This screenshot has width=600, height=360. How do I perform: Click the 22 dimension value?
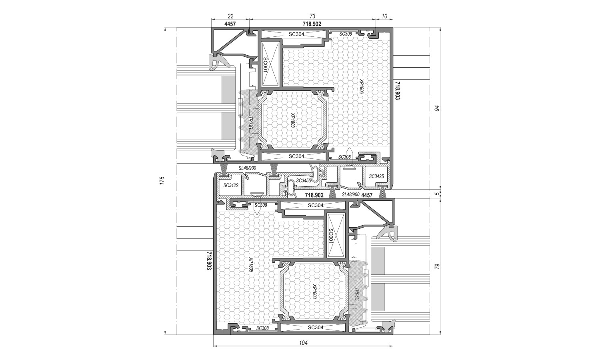click(x=231, y=16)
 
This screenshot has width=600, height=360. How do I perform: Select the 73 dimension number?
click(x=312, y=16)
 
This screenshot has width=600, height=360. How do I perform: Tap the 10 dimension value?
click(x=384, y=16)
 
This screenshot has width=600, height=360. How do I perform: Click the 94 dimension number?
click(x=437, y=108)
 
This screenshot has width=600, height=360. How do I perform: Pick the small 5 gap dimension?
click(x=437, y=194)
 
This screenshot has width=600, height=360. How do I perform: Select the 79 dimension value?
click(x=437, y=266)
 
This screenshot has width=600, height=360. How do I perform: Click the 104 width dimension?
click(x=303, y=342)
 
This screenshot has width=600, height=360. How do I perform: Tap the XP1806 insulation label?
click(x=361, y=86)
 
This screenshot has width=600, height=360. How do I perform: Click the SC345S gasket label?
click(x=304, y=181)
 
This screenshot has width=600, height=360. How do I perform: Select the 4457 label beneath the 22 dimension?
click(x=230, y=24)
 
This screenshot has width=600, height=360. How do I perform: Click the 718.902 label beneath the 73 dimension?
click(x=312, y=24)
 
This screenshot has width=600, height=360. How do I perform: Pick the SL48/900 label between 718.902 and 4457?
click(x=351, y=194)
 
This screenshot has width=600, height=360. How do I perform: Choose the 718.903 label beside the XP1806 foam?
click(x=397, y=91)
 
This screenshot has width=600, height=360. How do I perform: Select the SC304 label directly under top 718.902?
click(x=296, y=34)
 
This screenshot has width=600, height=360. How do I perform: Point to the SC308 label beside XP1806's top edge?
click(x=346, y=34)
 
